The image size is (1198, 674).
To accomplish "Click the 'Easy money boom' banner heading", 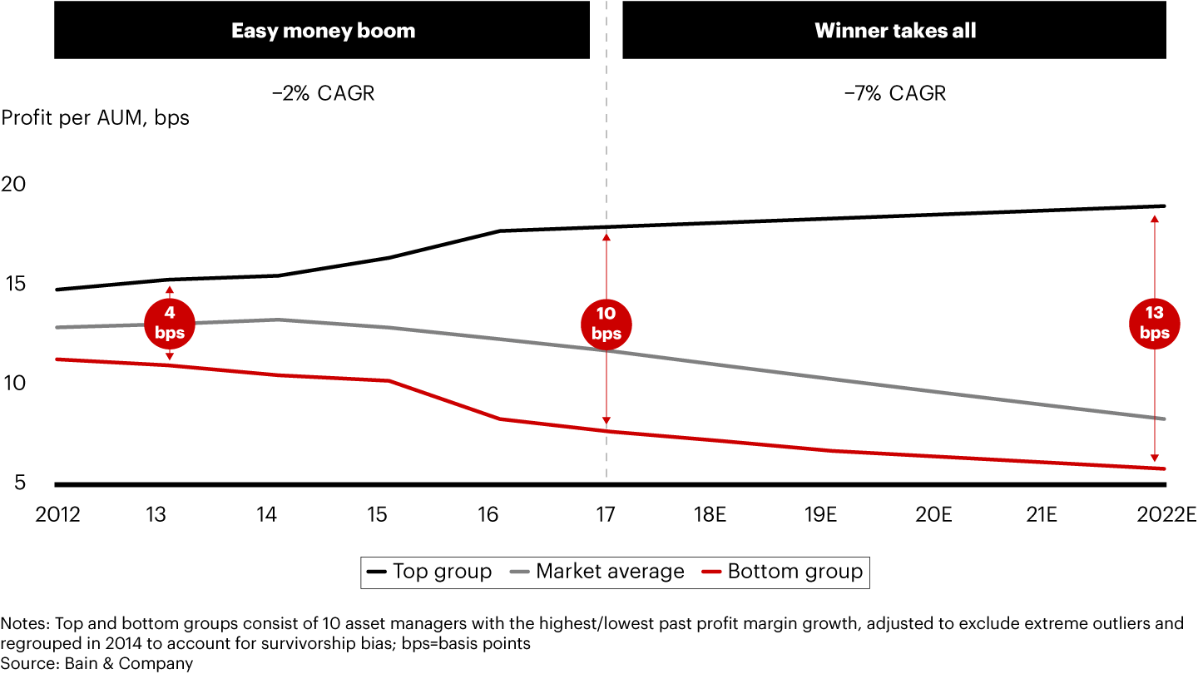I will click(323, 32).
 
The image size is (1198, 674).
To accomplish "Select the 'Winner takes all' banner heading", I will click(895, 32).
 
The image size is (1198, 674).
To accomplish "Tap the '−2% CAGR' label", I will click(323, 92).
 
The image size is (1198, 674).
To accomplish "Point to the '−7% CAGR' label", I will click(895, 92).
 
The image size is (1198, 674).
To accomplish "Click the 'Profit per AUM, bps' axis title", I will click(95, 118).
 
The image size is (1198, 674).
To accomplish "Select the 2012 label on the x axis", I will click(57, 514).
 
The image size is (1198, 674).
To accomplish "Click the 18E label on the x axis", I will click(710, 514).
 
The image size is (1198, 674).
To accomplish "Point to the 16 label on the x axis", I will click(488, 514).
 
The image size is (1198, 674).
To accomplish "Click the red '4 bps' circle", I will click(170, 323).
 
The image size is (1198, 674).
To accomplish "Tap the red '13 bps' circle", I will click(1155, 323).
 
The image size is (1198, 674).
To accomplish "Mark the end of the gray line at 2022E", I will click(1164, 419).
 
